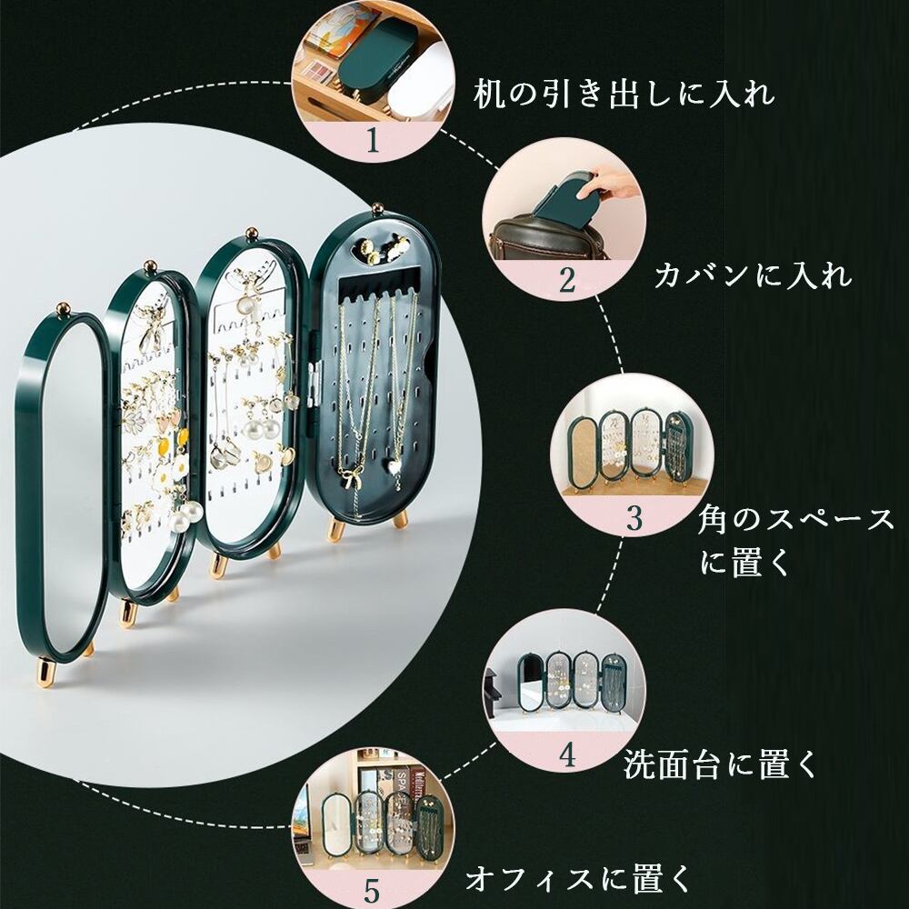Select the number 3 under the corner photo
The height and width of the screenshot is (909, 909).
(x=634, y=517)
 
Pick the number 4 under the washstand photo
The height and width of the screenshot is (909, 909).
(x=567, y=756)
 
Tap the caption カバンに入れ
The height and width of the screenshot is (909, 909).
(x=753, y=274)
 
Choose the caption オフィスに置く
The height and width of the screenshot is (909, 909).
(x=578, y=878)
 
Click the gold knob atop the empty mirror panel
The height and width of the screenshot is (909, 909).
(x=65, y=311)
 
